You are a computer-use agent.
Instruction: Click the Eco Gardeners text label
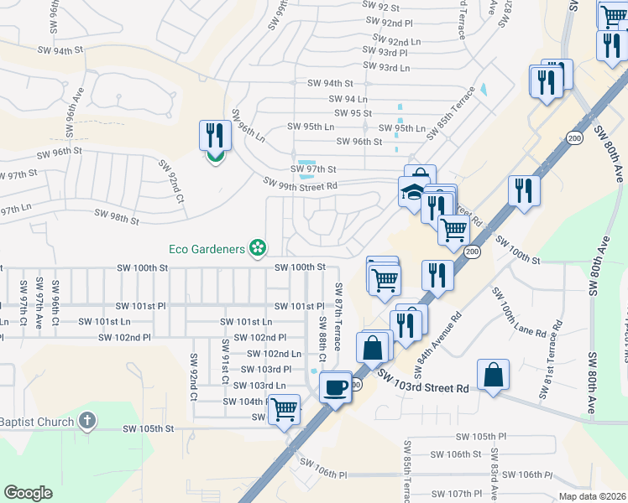click(x=206, y=248)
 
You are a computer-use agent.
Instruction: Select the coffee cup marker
click(x=336, y=387)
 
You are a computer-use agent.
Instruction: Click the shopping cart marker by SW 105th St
click(x=285, y=410)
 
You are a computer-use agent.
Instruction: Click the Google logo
click(x=28, y=493)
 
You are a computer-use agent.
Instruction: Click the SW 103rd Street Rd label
click(x=422, y=382)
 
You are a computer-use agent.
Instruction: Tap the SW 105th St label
click(x=148, y=428)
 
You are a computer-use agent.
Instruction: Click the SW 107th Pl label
click(x=461, y=494)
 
